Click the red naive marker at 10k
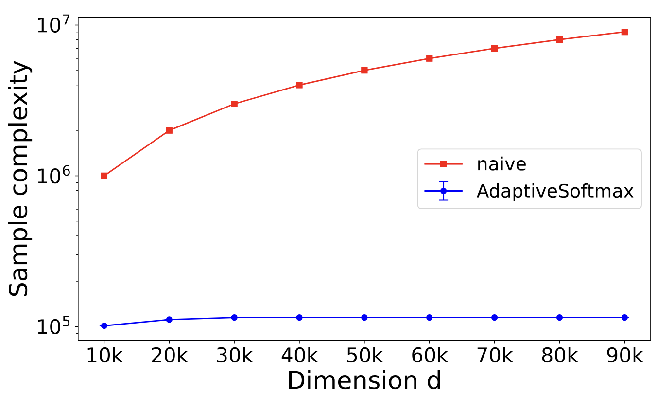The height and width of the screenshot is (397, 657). pos(104,176)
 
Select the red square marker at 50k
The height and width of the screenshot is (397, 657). pos(364,70)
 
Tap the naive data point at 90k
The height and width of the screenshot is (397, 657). pos(624,32)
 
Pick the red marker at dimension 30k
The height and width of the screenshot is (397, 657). pos(234,104)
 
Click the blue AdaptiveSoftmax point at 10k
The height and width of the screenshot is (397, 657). pos(104,325)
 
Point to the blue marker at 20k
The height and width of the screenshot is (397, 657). pos(169,319)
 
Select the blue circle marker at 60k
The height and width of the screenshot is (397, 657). pos(430,317)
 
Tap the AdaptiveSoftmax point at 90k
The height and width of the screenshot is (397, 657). pos(624,317)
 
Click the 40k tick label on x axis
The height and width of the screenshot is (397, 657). pos(299,357)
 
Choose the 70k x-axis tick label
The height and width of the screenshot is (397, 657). pos(494,357)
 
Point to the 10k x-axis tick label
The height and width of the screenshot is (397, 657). pos(104,357)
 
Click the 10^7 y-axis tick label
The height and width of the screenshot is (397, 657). pos(54,25)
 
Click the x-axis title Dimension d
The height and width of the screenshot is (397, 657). pos(364,381)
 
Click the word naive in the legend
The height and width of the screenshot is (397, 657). pos(501,164)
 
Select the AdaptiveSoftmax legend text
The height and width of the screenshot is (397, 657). pos(555,191)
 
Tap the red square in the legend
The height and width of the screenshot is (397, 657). pos(443,164)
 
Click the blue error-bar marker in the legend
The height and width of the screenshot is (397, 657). pos(443,191)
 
